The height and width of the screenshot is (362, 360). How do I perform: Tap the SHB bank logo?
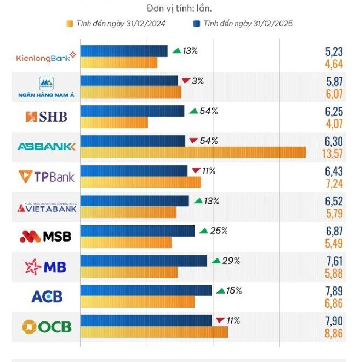click(x=46, y=117)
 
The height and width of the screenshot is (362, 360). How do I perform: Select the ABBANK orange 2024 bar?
click(x=193, y=152)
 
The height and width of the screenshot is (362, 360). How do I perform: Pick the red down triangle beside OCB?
click(x=220, y=320)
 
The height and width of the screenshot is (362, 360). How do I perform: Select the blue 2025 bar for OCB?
click(x=146, y=320)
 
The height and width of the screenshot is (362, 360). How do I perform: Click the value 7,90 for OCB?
click(x=334, y=320)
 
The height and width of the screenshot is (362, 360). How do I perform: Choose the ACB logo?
click(x=47, y=297)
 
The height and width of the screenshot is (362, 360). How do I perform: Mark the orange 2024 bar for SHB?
click(x=114, y=123)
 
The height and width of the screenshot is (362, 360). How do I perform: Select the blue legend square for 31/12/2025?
click(x=196, y=24)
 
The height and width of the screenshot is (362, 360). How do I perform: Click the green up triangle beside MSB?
click(x=203, y=231)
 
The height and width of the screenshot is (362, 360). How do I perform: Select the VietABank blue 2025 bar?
click(x=134, y=201)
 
